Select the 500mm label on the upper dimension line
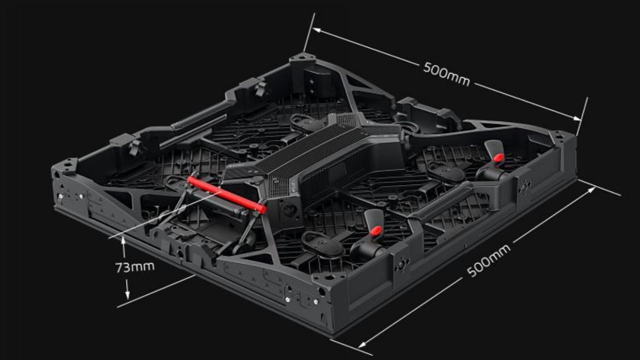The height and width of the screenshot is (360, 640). point(446,74)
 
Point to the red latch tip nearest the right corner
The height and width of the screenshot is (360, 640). point(498,158)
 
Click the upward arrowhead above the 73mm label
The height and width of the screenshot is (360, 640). point(123,240)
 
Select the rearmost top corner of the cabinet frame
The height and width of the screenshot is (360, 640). point(302,57)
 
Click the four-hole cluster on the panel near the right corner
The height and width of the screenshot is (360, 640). point(524,187)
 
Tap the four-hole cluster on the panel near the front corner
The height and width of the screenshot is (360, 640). point(402,263)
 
